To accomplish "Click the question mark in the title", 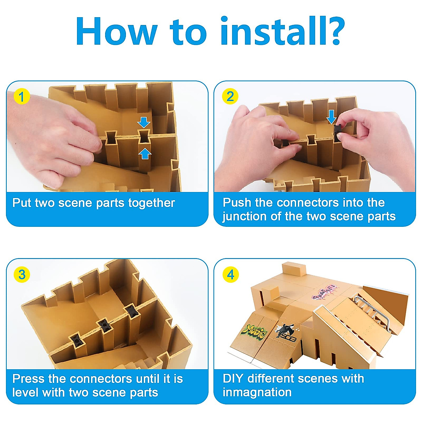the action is coord(332,31).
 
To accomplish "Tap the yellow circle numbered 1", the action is coord(21,96).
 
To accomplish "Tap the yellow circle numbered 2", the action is coord(230,96).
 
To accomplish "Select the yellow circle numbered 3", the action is coord(21,275).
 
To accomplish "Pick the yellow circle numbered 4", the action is coord(230,275).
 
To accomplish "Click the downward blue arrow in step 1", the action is coord(144,122).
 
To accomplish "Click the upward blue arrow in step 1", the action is coord(145,154).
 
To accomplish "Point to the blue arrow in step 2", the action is coord(331,117).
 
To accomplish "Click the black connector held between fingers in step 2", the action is coord(338,132).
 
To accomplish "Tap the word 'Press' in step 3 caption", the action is coord(28,379).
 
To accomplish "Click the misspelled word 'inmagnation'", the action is coord(257,392).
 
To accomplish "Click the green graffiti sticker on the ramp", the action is coord(254,332).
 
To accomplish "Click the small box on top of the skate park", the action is coord(294,269).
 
